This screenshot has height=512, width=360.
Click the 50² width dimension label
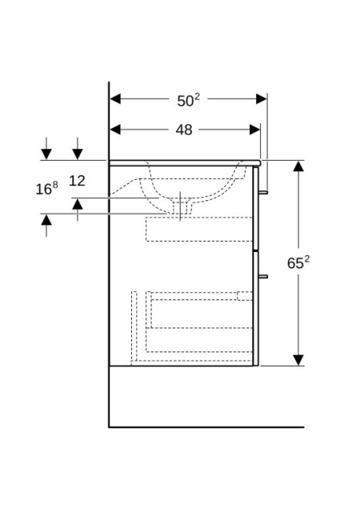[x=188, y=100]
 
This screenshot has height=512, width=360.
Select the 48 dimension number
[x=184, y=130]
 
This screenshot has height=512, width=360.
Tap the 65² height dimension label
[x=298, y=262]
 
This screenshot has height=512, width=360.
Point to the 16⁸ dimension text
[x=46, y=189]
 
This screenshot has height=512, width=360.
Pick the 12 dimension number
[x=77, y=181]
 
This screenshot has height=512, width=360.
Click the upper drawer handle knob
[x=263, y=192]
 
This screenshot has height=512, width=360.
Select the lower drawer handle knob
[x=263, y=277]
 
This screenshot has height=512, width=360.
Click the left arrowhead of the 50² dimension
[x=115, y=98]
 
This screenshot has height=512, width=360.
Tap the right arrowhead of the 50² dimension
[x=262, y=98]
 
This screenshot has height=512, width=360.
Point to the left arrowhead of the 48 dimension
[x=115, y=130]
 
